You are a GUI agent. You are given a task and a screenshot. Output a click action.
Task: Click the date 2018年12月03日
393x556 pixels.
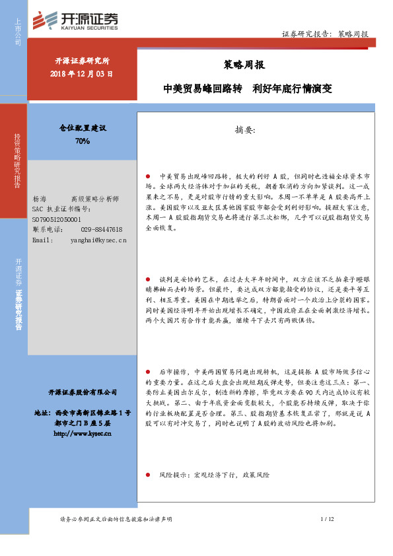coord(81,73)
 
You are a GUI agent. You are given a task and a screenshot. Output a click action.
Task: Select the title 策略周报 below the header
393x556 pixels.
coord(235,65)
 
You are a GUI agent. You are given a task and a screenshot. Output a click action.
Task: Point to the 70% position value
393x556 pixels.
coord(83,141)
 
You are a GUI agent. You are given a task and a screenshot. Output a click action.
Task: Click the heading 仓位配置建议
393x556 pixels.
coord(83,128)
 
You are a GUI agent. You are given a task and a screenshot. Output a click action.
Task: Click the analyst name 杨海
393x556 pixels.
coord(40,198)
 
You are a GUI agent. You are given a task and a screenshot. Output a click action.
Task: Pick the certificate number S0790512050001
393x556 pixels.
coord(57,219)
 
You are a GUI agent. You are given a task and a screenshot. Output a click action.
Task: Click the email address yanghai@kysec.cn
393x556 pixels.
coord(98,239)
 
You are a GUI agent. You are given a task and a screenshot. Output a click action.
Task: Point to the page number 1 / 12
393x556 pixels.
coord(328,520)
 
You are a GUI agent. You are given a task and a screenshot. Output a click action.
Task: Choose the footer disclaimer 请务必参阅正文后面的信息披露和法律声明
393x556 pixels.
coord(116,520)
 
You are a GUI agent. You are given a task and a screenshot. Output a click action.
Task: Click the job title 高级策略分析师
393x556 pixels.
coord(95,198)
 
